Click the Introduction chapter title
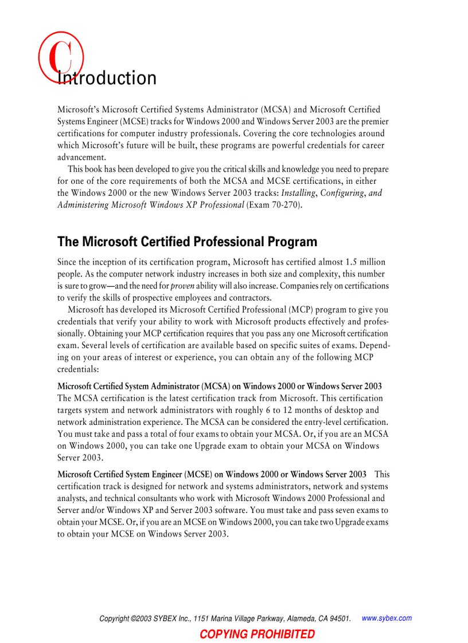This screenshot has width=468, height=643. (x=107, y=78)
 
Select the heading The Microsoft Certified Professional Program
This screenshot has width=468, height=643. (x=187, y=242)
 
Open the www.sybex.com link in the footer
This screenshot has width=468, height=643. (x=387, y=618)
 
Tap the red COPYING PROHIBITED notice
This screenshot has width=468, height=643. (x=257, y=634)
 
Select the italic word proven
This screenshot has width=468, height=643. (x=182, y=286)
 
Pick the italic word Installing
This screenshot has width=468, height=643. (x=298, y=193)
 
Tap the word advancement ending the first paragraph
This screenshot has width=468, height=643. (x=81, y=157)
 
